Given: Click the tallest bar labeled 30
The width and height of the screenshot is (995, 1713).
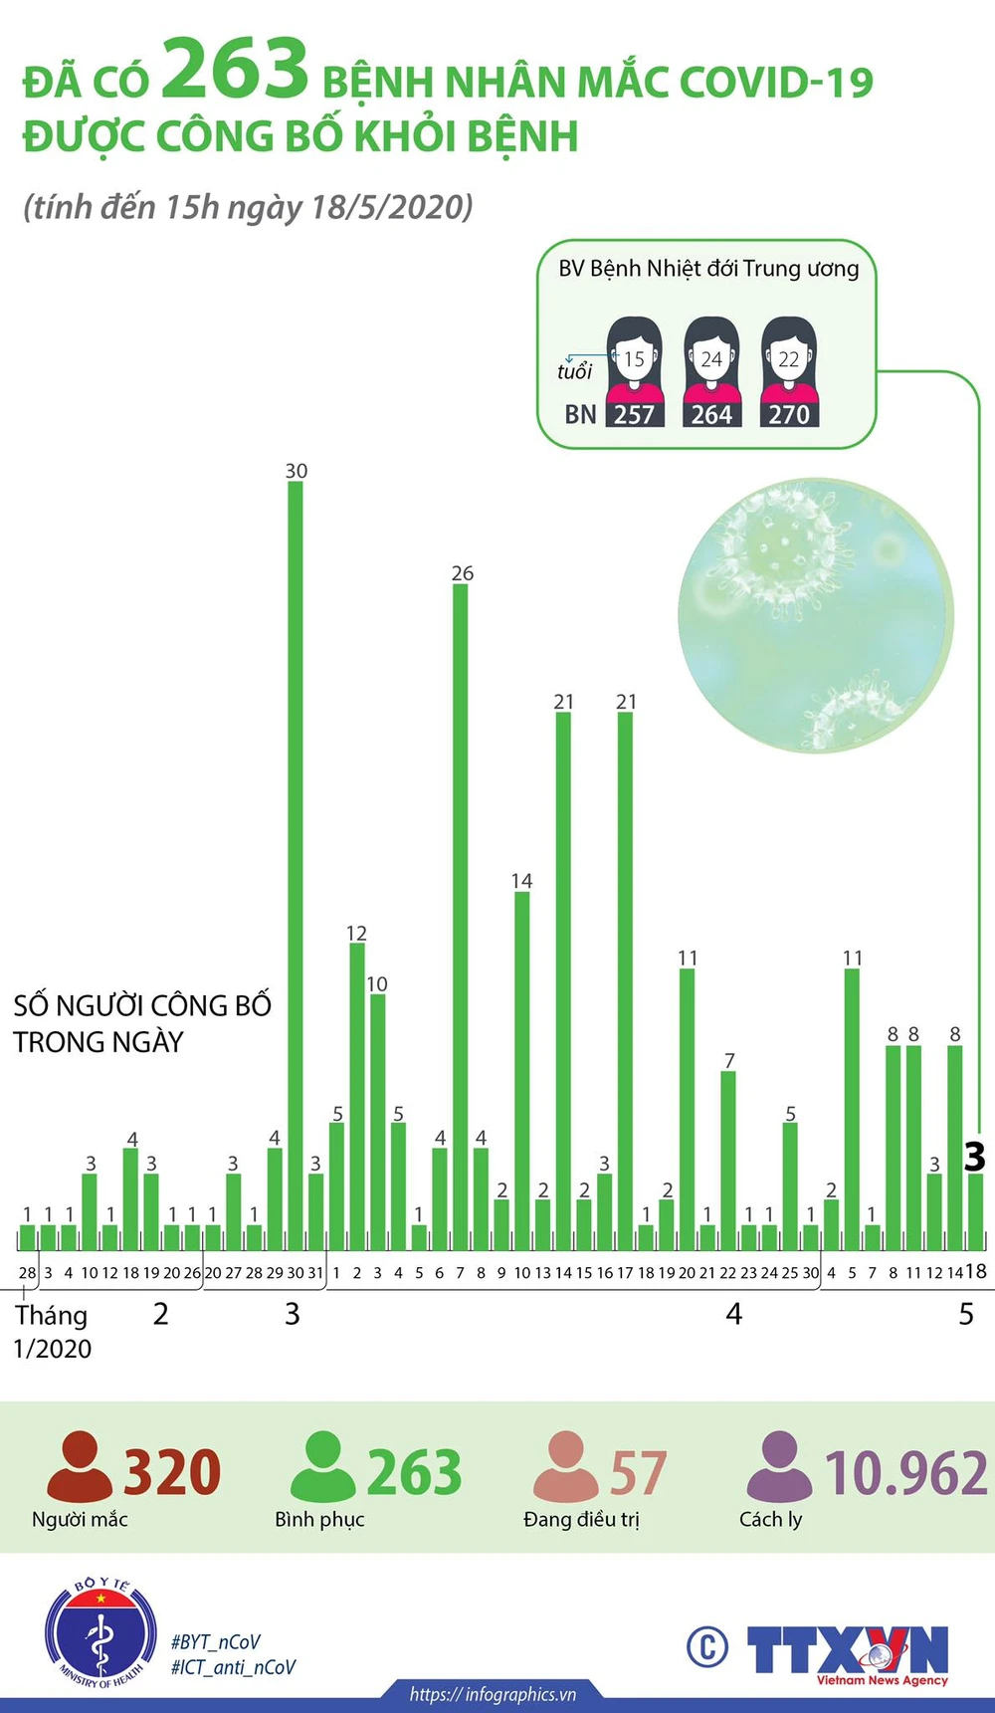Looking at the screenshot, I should click(296, 866).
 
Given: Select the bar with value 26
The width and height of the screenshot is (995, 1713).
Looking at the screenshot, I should click(460, 916).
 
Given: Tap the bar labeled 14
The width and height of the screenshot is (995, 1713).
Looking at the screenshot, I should click(521, 1070).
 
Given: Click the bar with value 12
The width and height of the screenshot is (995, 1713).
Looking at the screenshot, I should click(357, 1095).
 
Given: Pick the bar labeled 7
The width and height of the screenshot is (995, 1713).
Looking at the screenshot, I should click(728, 1160).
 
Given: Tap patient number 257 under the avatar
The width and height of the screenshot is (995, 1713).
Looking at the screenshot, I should click(634, 414).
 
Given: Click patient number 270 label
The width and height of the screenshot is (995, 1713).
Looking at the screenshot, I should click(789, 414).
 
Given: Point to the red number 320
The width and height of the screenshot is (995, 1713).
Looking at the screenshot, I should click(171, 1473).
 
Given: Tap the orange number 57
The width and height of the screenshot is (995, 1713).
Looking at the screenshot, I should click(637, 1473).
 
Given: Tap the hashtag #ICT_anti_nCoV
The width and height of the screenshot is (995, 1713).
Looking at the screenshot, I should click(233, 1667).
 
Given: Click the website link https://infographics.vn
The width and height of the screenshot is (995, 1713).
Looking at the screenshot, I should click(493, 1694).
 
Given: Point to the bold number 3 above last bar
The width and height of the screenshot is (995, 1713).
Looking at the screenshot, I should click(974, 1157).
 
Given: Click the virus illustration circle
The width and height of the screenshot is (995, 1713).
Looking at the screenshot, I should click(816, 615).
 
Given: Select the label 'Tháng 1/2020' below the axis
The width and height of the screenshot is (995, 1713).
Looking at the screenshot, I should click(52, 1332).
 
